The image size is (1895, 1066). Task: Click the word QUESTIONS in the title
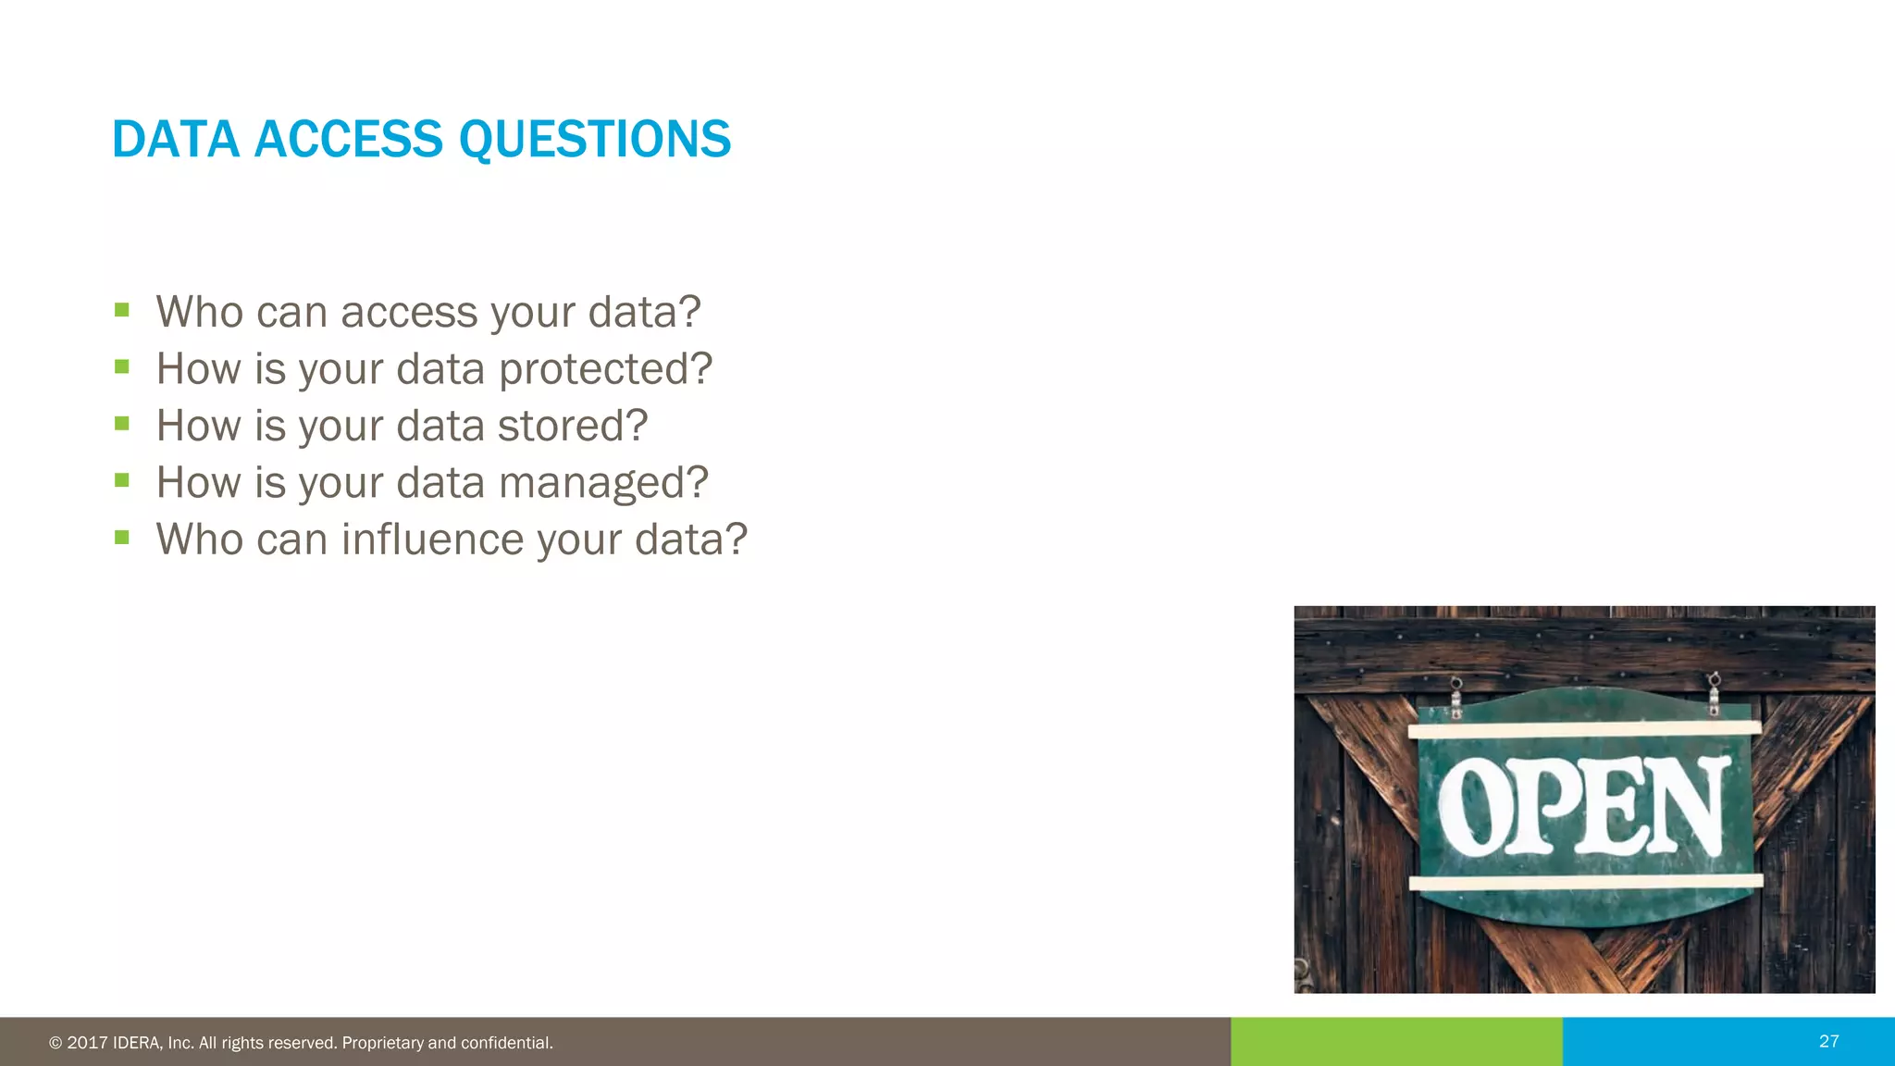tap(594, 140)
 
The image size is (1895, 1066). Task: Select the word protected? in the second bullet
tap(605, 369)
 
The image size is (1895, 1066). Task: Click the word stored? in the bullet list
tap(572, 426)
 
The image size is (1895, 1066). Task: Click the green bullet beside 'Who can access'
tap(122, 310)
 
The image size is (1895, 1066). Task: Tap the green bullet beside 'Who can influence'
tap(122, 537)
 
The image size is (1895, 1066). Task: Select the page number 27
tap(1828, 1041)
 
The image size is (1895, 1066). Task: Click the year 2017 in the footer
tap(87, 1043)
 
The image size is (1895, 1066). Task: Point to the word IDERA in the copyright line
tap(138, 1043)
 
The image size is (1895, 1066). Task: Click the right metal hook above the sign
tap(1714, 694)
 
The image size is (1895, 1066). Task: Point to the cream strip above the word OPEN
tap(1584, 730)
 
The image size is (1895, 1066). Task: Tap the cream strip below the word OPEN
tap(1584, 882)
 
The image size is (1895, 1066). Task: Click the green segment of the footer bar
tap(1396, 1042)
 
